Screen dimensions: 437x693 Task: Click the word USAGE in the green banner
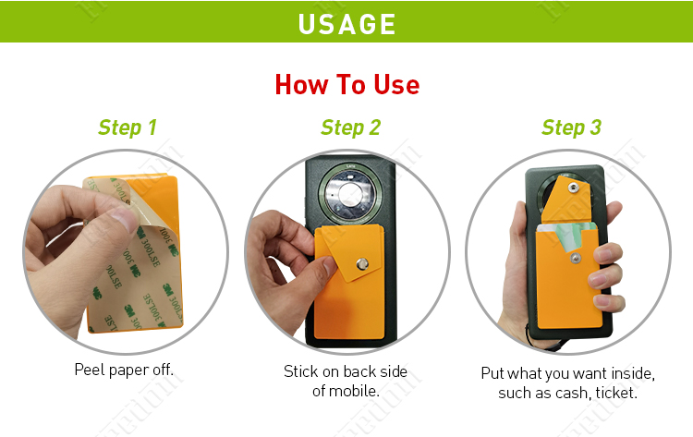(346, 22)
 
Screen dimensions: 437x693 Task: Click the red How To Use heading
(346, 85)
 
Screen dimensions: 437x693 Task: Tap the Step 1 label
(128, 127)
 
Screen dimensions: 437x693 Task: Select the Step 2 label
(350, 127)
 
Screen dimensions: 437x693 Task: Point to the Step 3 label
(571, 127)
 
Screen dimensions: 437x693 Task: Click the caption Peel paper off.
(124, 370)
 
